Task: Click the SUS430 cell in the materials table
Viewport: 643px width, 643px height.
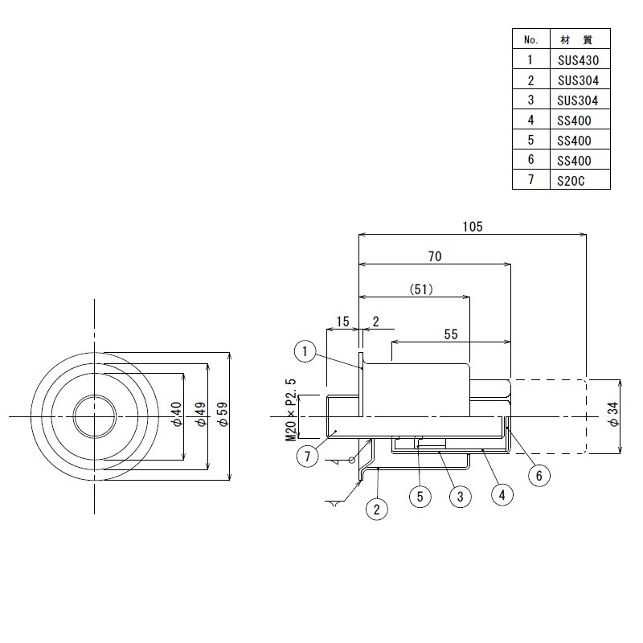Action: coord(578,60)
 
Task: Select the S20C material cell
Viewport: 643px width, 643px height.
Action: coord(571,181)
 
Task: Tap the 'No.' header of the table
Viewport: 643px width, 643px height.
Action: coord(531,39)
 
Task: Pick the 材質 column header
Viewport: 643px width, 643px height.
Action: coord(576,39)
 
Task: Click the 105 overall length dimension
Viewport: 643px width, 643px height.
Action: coord(473,227)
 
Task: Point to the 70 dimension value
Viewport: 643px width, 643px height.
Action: coord(435,256)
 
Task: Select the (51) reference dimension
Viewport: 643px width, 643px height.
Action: coord(421,289)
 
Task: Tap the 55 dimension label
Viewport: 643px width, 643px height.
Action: coord(451,334)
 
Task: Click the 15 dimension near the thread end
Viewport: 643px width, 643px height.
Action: coord(343,321)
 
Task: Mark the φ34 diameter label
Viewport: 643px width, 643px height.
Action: coord(614,414)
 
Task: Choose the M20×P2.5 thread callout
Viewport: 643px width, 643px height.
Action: coord(291,409)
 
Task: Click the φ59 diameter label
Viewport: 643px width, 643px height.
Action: coord(223,414)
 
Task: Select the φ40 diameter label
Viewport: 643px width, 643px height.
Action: coord(177,414)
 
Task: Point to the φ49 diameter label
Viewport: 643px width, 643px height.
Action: coord(201,414)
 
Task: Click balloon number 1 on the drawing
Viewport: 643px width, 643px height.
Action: coord(305,351)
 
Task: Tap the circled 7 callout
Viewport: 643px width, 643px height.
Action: coord(307,456)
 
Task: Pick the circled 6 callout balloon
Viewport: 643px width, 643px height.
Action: coord(539,476)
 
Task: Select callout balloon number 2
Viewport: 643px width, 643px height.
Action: coord(376,510)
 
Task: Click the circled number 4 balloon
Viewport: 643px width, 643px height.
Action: coord(502,495)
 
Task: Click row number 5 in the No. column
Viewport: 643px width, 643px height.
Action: coord(531,140)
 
